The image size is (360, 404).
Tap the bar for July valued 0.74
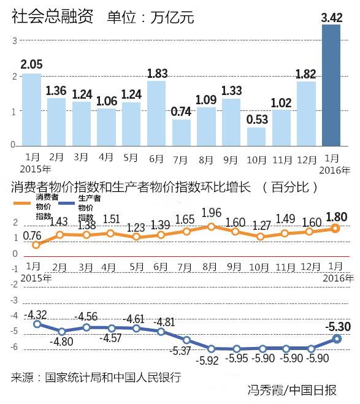[181, 133]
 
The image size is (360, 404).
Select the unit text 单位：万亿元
[150, 18]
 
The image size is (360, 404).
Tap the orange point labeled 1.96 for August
[211, 226]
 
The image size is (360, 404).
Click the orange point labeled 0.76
[36, 245]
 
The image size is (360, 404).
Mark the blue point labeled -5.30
[336, 338]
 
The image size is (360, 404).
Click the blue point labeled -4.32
[36, 324]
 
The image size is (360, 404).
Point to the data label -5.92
[209, 360]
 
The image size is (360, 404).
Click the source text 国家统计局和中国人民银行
[113, 376]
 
